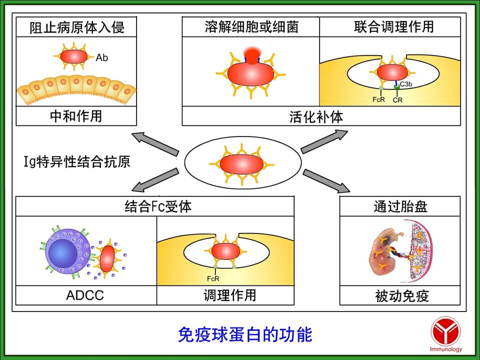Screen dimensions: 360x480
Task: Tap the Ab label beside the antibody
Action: pyautogui.click(x=102, y=58)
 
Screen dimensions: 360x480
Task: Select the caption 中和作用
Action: pyautogui.click(x=76, y=116)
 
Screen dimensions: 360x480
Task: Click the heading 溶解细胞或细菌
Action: pyautogui.click(x=251, y=27)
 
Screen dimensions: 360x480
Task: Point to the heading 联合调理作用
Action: pyautogui.click(x=390, y=27)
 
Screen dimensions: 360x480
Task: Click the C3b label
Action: pyautogui.click(x=406, y=84)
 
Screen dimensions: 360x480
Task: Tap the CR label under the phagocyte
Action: pyautogui.click(x=397, y=100)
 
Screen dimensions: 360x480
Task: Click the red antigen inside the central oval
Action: pyautogui.click(x=242, y=164)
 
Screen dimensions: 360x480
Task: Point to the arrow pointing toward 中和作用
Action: pyautogui.click(x=155, y=144)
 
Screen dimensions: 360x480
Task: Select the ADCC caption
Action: pyautogui.click(x=85, y=295)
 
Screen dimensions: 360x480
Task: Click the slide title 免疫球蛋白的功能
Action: pyautogui.click(x=245, y=334)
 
